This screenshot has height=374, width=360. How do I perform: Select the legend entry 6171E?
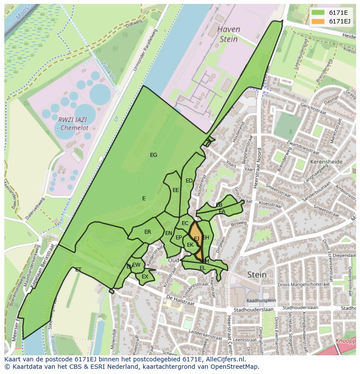333,13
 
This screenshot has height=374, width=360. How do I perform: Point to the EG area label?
153,155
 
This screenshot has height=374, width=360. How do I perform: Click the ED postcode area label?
189,181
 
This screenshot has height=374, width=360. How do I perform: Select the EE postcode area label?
176,190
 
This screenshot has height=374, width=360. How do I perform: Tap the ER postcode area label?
148,232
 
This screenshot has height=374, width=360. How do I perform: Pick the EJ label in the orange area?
197,238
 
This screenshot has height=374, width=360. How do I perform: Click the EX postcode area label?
145,277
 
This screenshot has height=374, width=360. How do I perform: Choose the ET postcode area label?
78,270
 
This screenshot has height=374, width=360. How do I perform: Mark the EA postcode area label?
222,212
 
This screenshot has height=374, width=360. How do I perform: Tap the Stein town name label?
257,275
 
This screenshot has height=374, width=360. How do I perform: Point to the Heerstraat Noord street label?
258,167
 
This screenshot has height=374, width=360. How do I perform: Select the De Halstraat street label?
180,300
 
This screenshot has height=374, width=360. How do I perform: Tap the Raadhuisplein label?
261,301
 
